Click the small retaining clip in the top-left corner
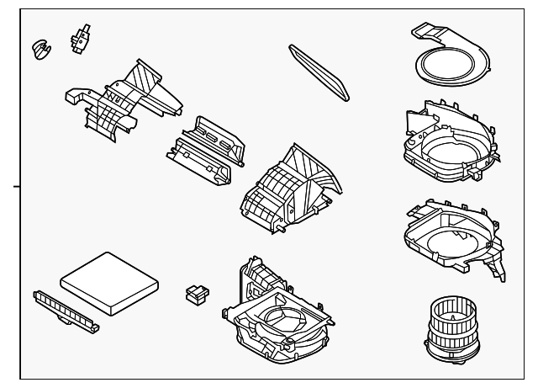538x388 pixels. click(x=38, y=47)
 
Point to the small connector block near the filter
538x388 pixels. click(x=196, y=294)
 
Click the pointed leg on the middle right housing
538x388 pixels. click(x=498, y=271)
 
